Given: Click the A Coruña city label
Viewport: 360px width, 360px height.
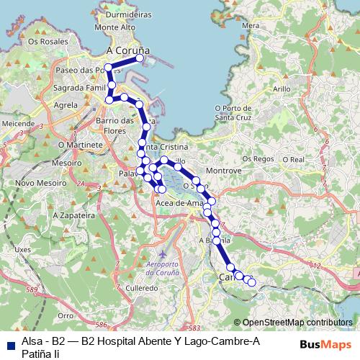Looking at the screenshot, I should pos(127,51).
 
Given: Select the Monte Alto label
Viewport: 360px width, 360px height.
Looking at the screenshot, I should pos(114,27).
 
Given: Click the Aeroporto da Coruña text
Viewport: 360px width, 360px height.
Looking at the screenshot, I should pos(168,269).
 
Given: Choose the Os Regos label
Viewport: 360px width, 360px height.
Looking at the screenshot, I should pos(258,158).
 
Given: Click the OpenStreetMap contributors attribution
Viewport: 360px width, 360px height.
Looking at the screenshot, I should pos(297,323).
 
